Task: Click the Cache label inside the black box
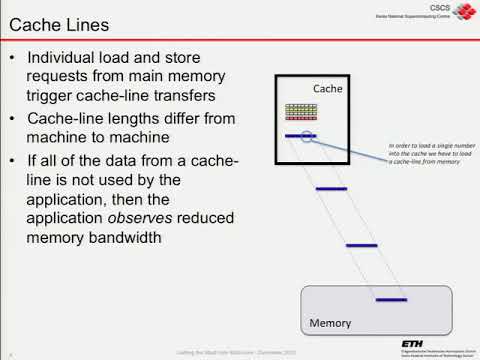[x=328, y=89]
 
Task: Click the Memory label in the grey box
[x=329, y=324]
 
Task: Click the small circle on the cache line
[x=307, y=135]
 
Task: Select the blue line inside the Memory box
[x=390, y=299]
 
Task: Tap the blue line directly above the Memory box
[x=360, y=244]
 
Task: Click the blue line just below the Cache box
[x=330, y=187]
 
